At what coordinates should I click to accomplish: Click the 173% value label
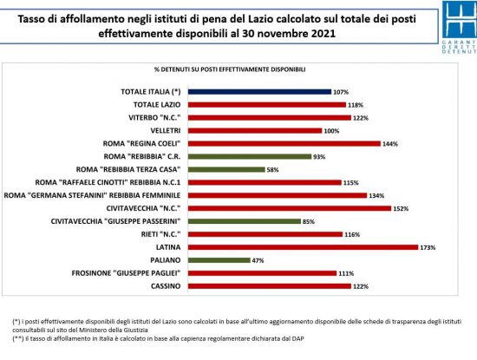[428, 247]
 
